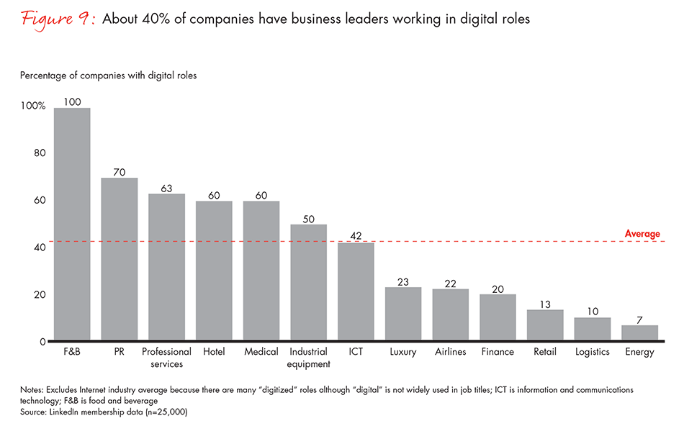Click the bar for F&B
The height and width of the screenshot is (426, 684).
pos(72,225)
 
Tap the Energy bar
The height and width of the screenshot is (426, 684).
pos(640,332)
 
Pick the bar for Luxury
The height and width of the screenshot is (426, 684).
pos(403,314)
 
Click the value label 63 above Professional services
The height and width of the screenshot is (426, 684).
pos(166,189)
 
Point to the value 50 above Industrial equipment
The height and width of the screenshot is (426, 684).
pos(308,219)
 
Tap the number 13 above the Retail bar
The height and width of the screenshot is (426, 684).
pos(545,304)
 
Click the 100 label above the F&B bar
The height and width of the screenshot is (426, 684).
pos(72,102)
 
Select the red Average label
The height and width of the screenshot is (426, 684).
pos(642,234)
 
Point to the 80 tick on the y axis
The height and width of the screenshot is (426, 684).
pos(40,153)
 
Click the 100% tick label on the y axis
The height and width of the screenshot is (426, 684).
pos(33,106)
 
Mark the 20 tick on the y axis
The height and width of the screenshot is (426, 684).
pos(40,295)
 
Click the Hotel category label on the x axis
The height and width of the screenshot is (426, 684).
pos(214,352)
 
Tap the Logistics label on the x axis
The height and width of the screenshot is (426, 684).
pos(593,352)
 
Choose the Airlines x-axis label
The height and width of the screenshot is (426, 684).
pos(451,352)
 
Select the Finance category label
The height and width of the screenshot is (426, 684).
pos(498,352)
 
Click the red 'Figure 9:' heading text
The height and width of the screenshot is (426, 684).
pos(51,19)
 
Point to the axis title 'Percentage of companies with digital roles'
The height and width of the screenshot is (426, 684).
pos(108,75)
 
